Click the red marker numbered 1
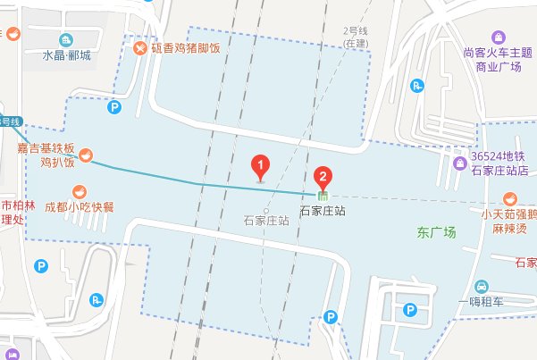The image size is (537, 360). click(259, 166)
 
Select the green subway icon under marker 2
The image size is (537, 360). click(323, 194)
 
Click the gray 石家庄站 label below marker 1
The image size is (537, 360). click(265, 219)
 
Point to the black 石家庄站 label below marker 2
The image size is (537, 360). click(323, 212)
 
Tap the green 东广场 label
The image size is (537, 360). click(436, 232)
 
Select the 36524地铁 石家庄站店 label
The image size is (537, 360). click(499, 163)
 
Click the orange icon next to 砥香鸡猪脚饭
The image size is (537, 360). click(140, 48)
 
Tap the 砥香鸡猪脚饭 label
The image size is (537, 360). click(185, 48)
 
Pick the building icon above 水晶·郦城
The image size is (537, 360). click(66, 40)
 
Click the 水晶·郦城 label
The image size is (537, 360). click(66, 56)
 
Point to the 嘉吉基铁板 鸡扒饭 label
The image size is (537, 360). click(51, 156)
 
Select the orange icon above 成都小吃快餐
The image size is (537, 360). click(80, 191)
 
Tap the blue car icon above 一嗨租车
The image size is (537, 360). click(481, 286)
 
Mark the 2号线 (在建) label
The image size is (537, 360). click(356, 37)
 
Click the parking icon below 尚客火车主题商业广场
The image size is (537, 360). click(415, 86)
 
